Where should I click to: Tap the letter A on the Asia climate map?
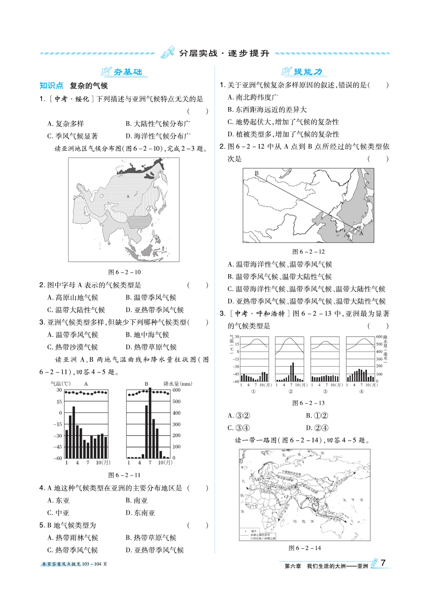pyautogui.click(x=128, y=196)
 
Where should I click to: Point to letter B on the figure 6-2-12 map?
pyautogui.click(x=256, y=173)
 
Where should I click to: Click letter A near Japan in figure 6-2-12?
pyautogui.click(x=361, y=233)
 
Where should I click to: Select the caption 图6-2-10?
pyautogui.click(x=124, y=272)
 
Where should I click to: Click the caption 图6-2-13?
pyautogui.click(x=308, y=403)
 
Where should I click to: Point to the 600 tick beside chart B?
pyautogui.click(x=176, y=390)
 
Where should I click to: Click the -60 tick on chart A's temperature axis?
pyautogui.click(x=58, y=458)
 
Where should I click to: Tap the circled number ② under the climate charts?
pyautogui.click(x=290, y=391)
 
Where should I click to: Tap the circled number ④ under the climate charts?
pyautogui.click(x=361, y=391)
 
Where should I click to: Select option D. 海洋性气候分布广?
pyautogui.click(x=158, y=136)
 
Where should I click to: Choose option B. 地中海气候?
pyautogui.click(x=147, y=335)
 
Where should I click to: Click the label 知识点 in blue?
pyautogui.click(x=51, y=86)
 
